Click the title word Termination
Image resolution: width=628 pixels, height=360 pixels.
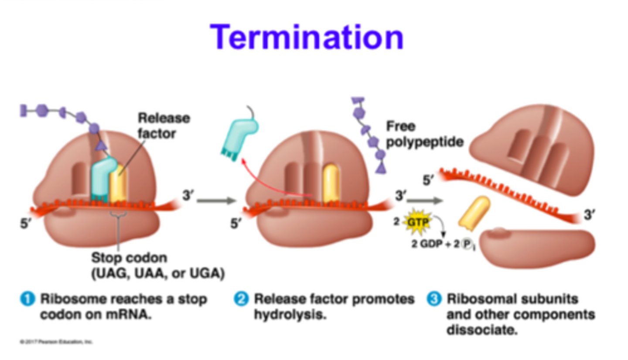[x=307, y=37]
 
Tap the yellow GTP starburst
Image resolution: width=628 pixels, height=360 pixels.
[x=417, y=222]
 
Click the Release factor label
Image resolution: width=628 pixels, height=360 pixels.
[x=164, y=126]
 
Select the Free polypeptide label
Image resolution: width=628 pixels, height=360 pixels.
[x=424, y=134]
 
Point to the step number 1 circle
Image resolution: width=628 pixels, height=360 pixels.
[x=27, y=299]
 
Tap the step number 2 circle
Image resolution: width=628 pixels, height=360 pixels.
[x=241, y=299]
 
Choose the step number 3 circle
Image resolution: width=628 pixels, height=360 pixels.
[x=433, y=299]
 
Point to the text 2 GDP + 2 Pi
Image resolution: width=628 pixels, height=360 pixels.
[x=443, y=244]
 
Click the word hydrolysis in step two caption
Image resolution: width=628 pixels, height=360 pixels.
[x=290, y=315]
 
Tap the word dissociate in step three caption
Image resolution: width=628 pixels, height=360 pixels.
[x=481, y=330]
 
